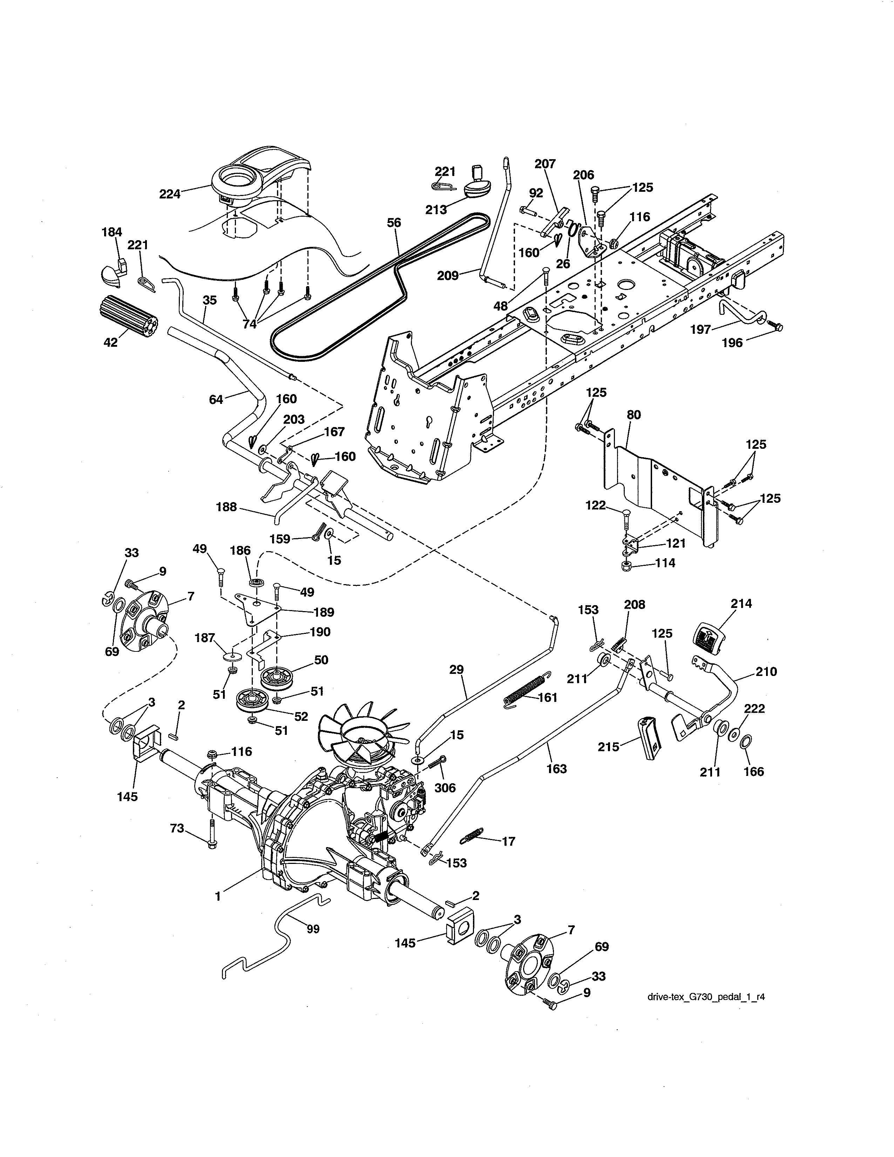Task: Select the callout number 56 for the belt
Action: coord(394,223)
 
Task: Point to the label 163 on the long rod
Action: coord(557,768)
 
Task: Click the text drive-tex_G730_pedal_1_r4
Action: coord(706,996)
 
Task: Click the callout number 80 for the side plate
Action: coord(634,414)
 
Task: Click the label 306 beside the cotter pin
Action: coord(445,788)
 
